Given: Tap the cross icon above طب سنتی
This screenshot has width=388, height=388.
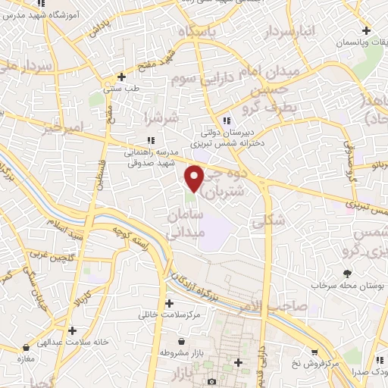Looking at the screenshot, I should tap(121, 77).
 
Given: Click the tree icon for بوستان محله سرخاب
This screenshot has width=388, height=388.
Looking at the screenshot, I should tap(348, 273).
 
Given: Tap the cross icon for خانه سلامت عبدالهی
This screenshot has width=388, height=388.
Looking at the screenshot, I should tap(72, 330).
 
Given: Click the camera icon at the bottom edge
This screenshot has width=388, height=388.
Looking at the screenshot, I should tap(211, 380).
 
